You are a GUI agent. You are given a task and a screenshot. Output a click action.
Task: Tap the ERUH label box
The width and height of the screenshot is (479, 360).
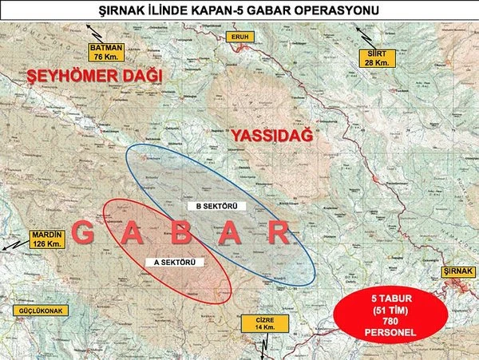(239, 37)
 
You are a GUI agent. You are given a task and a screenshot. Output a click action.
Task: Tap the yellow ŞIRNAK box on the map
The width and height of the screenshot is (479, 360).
(459, 273)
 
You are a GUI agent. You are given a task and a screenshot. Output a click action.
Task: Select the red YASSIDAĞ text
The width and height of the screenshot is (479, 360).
(271, 136)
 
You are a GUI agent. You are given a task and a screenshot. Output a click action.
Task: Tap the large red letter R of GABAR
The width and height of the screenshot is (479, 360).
(279, 234)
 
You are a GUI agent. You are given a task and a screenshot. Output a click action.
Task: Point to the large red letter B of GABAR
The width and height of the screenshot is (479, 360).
(181, 234)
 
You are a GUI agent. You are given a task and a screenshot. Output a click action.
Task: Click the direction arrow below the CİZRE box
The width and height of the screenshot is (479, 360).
(263, 347)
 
